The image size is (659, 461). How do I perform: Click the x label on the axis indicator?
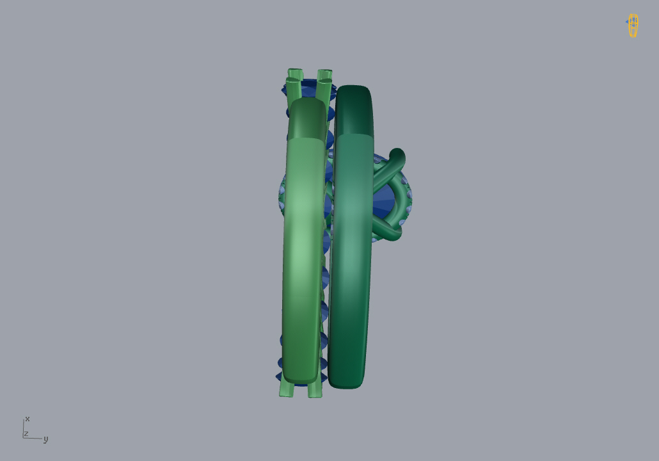click(x=28, y=419)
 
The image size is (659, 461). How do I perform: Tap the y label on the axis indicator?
click(x=46, y=439)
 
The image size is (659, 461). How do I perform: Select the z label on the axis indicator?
click(x=26, y=433)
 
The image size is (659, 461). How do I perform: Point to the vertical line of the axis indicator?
click(x=23, y=428)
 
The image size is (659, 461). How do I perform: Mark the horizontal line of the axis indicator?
click(x=33, y=439)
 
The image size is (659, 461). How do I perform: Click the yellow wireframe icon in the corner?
click(x=633, y=26)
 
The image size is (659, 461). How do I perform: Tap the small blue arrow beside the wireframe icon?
click(x=626, y=22)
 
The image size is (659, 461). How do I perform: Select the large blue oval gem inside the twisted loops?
click(x=384, y=200)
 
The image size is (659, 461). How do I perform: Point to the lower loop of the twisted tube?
click(x=389, y=230)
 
